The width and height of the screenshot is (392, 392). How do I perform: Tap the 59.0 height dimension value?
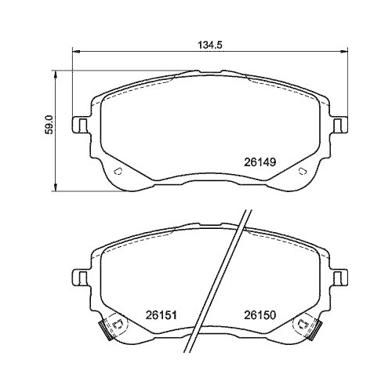[x=47, y=125]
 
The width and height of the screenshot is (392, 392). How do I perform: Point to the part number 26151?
[x=160, y=316]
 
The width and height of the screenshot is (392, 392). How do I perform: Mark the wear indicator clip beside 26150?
[x=307, y=328]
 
